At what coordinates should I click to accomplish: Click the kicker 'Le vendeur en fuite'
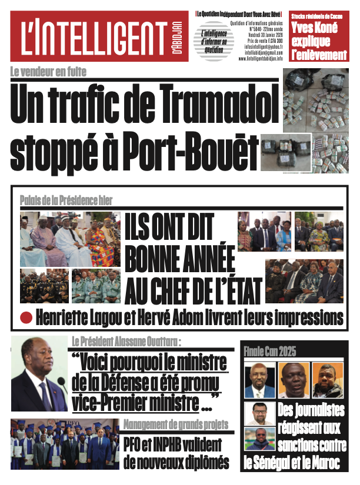coord(48,72)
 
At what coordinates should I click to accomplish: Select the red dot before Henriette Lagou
coord(26,318)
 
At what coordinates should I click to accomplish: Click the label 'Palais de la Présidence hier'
coord(66,200)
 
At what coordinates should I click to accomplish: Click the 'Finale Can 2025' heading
coord(270,352)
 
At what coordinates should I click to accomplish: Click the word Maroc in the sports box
coord(324,463)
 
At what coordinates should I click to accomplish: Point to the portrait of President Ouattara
coord(39,374)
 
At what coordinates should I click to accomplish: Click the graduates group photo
coord(65,444)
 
